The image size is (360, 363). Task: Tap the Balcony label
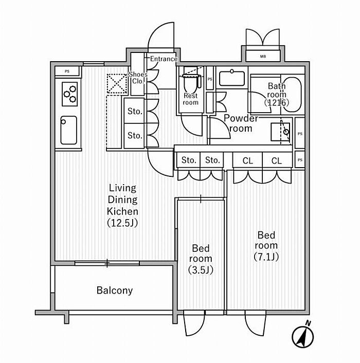coord(115,291)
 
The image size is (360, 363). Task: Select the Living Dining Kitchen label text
coord(122,205)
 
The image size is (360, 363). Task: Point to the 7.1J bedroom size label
coord(266,257)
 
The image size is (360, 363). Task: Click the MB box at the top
coord(263,56)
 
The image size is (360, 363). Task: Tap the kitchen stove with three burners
coord(69,94)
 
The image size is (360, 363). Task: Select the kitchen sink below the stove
coord(68,130)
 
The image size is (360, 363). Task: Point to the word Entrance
coord(164,59)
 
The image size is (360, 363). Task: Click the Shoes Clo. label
coord(138,78)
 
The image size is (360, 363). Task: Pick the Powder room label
coord(240,123)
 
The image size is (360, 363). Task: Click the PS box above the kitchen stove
coord(67,71)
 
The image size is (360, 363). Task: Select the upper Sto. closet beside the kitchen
coord(135,111)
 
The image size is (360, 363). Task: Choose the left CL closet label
coord(248,161)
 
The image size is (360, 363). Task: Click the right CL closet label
coord(277,161)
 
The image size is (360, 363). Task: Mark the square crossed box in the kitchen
coord(117,84)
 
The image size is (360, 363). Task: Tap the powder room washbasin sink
coord(235,79)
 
